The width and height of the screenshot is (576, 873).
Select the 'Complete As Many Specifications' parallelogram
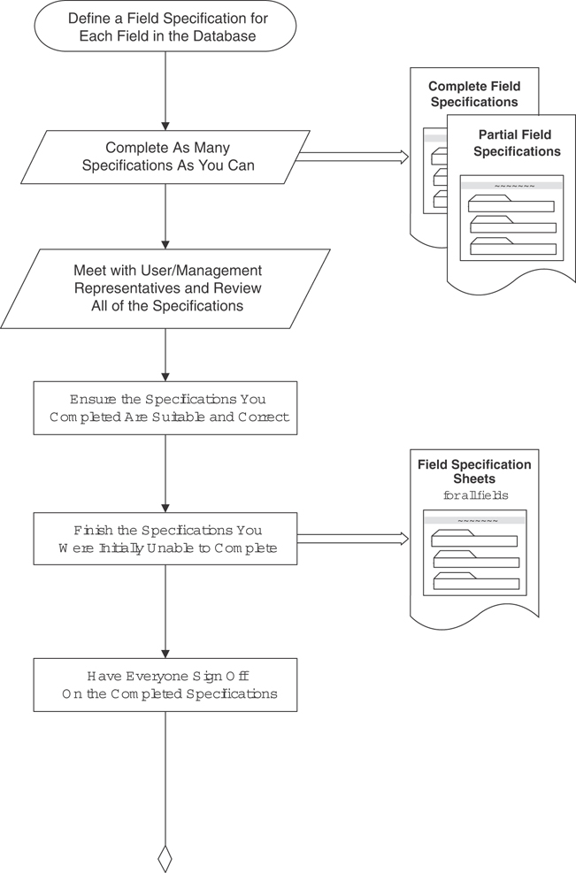pos(165,157)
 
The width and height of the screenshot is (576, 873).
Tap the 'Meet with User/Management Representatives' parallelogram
pos(165,287)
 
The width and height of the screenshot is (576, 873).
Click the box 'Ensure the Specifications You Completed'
pos(165,408)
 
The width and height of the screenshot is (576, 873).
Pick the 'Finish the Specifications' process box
pos(165,539)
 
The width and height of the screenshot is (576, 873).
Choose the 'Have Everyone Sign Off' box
pos(165,684)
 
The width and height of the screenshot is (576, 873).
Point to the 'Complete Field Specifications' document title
pos(473,94)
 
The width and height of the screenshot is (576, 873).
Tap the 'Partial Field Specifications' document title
pos(517,142)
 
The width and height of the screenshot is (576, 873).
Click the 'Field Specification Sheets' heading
pos(474,471)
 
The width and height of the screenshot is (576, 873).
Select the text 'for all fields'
pos(476,495)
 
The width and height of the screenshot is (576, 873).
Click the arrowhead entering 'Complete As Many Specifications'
pos(165,125)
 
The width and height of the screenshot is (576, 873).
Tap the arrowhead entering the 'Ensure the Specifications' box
pos(165,376)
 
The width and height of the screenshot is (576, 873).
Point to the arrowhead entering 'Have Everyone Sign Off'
pos(165,652)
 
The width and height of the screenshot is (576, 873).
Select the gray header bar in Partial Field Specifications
pos(513,186)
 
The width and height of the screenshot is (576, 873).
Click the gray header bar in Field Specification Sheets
pos(476,520)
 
